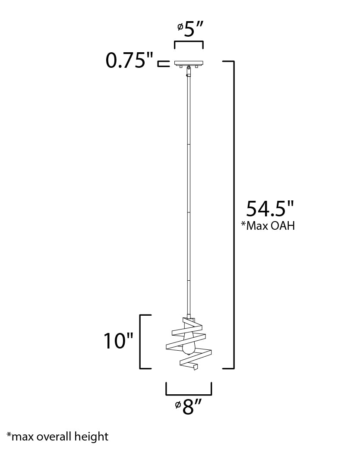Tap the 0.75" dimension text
129,60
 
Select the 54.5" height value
270,209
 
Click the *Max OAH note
268,225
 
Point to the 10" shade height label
118,341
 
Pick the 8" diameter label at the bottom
189,407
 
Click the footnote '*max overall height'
57,437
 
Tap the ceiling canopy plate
189,63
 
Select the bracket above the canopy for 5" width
189,42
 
